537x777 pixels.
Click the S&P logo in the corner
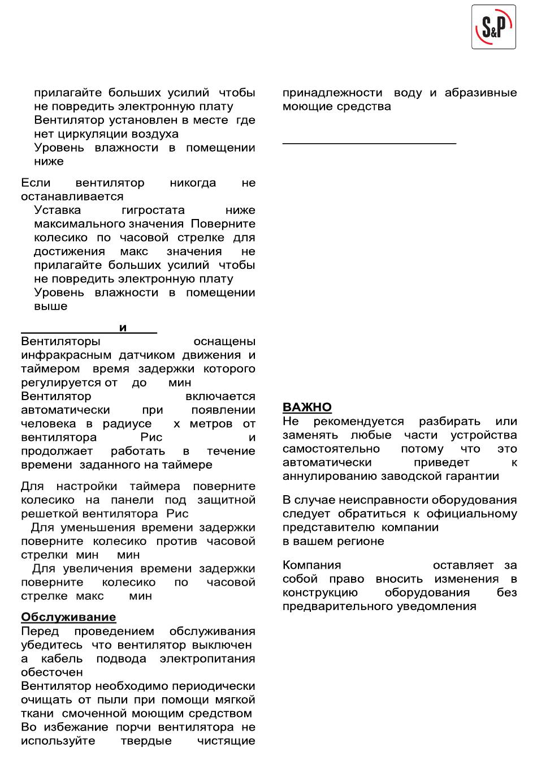[x=493, y=27]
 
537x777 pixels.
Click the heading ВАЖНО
[x=307, y=407]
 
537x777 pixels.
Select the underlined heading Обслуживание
[x=68, y=617]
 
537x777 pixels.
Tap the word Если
[x=36, y=183]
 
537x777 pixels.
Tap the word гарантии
[x=471, y=476]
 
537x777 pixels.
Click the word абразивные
[x=480, y=93]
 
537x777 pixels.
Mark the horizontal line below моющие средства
[x=369, y=144]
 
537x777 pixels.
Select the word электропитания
[x=207, y=659]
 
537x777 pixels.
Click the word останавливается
[x=72, y=196]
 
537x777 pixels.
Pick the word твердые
[x=146, y=741]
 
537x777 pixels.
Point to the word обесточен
[x=52, y=672]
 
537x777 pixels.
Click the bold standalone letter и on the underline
[x=123, y=328]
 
